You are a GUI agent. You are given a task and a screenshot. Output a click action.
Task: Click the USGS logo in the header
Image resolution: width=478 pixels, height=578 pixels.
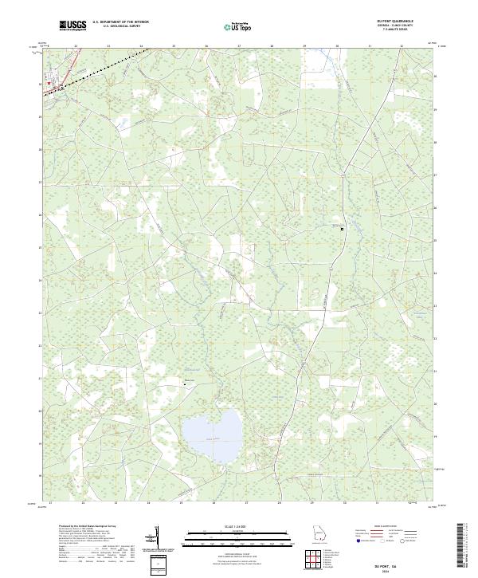click(73, 26)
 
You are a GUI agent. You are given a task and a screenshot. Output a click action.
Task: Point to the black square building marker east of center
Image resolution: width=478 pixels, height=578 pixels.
click(343, 229)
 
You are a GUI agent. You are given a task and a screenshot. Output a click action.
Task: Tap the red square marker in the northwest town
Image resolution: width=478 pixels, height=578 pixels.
click(49, 82)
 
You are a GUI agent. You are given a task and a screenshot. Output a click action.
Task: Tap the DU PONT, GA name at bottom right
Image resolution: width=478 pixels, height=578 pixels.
click(407, 560)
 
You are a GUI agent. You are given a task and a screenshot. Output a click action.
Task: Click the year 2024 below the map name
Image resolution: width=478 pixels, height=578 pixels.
click(407, 568)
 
